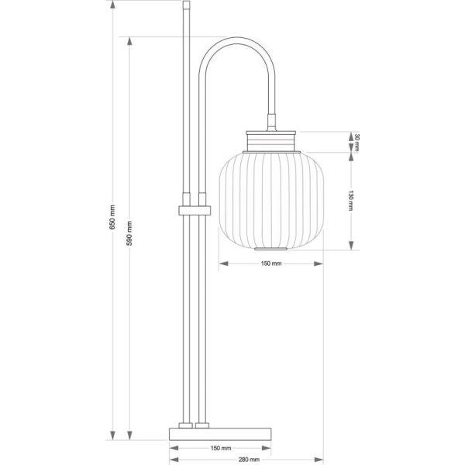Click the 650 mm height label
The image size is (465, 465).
112,217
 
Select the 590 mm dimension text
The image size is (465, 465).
129,233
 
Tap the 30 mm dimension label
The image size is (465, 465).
356,143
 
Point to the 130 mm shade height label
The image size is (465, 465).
351,201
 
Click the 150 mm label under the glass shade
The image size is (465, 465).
271,263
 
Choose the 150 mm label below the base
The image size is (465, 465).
221,448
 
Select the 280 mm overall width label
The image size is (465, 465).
249,460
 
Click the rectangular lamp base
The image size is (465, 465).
220,434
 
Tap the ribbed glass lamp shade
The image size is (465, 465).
271,201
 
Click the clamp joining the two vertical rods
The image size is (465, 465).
195,210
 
